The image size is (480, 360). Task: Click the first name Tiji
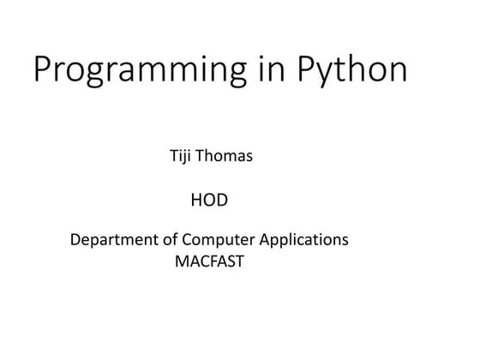[x=184, y=158]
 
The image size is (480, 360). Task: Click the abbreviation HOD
[x=208, y=201]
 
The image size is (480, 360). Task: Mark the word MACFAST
[x=209, y=262]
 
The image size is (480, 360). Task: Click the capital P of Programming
[x=43, y=69]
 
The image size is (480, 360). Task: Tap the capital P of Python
[x=306, y=69]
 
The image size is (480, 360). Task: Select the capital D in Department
[x=75, y=240]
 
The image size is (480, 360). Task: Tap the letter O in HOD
[x=208, y=201]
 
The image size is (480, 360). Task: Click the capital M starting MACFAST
[x=182, y=262]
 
